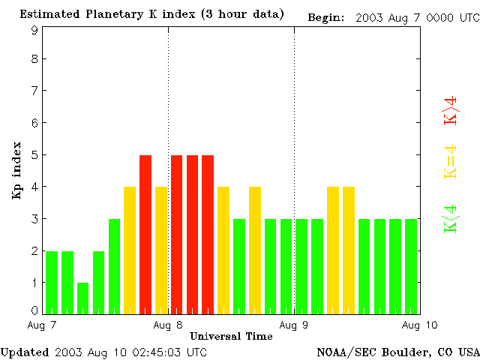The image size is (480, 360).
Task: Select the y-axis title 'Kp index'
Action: [x=16, y=169]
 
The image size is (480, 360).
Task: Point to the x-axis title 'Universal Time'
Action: [x=231, y=336]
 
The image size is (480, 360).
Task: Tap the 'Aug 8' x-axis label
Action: [x=168, y=325]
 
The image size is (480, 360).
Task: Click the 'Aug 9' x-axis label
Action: [x=294, y=325]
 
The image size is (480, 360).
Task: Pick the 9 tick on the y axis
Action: [x=34, y=30]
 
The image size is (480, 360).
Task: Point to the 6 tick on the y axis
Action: [x=34, y=123]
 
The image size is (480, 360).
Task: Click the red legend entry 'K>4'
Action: [x=451, y=109]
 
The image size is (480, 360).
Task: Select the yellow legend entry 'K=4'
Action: [x=451, y=161]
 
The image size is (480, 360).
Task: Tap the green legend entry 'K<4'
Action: [x=451, y=218]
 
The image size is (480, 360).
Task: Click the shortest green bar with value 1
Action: [x=82, y=298]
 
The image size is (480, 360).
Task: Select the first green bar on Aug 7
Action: [x=52, y=282]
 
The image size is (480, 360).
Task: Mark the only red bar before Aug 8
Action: [x=145, y=234]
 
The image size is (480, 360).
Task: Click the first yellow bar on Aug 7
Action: [x=130, y=250]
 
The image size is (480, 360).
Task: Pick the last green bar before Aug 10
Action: [x=411, y=266]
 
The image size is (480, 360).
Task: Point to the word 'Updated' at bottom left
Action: [x=25, y=352]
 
